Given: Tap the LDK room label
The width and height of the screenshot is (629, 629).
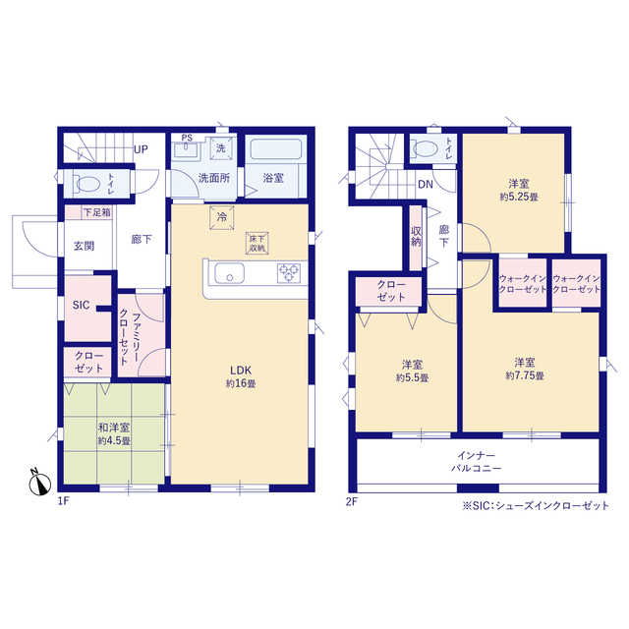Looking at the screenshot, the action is tap(241, 371).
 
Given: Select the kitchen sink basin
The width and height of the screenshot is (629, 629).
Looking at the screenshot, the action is tap(229, 273).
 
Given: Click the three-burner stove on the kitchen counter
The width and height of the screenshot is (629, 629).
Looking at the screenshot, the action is tap(289, 273).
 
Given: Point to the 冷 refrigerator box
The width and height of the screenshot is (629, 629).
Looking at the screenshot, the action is tap(222, 217).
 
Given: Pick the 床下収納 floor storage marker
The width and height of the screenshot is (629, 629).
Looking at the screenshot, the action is tap(257, 243).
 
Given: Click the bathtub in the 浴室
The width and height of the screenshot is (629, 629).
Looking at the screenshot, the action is tap(276, 149).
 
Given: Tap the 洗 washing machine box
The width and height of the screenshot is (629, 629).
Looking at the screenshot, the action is tap(221, 148).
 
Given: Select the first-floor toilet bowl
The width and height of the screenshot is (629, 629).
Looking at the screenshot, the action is tap(88, 184).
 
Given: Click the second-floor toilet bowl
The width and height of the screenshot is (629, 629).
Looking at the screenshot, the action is tap(426, 148).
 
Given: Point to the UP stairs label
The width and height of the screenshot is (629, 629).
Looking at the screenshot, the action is tap(141, 149).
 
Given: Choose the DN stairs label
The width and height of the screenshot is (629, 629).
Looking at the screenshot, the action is tap(426, 184).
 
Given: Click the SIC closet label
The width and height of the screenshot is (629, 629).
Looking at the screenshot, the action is tap(81, 306).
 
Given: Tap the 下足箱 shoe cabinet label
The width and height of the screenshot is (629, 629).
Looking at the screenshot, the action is tap(96, 212).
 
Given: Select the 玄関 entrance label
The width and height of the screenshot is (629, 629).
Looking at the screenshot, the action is tap(84, 246).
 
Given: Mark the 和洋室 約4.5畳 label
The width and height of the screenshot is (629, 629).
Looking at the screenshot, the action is tap(114, 434).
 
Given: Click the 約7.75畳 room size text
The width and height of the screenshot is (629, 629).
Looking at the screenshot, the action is tap(525, 375).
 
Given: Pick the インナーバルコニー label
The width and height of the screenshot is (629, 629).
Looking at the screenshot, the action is tap(476, 462).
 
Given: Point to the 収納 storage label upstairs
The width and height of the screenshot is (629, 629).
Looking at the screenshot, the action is tap(416, 237).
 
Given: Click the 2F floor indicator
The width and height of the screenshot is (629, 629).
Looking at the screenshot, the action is tap(352, 502).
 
